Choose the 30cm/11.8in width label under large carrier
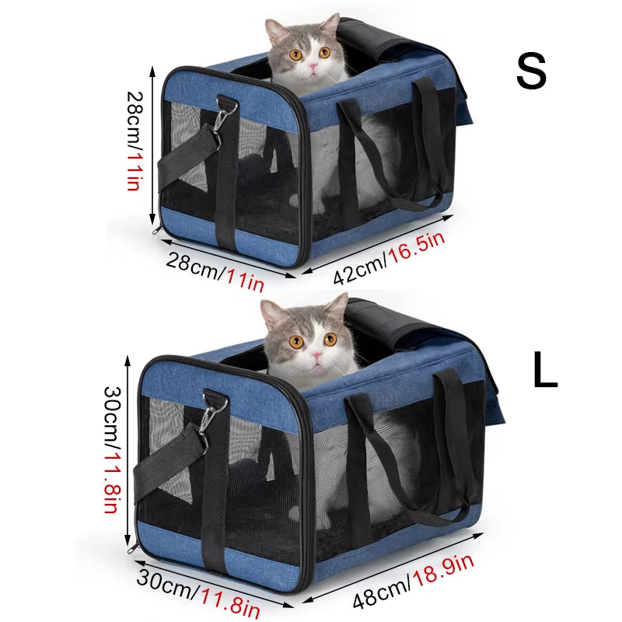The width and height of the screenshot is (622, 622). click(x=197, y=592)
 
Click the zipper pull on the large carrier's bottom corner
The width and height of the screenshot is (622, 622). click(x=135, y=547)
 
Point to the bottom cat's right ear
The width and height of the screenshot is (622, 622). click(x=337, y=306)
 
